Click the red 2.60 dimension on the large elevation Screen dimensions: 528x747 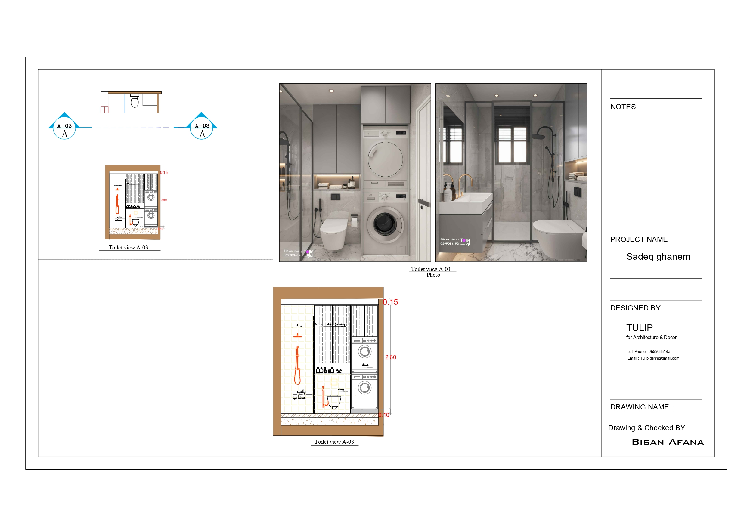[x=390, y=357]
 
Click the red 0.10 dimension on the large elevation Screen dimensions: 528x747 [x=384, y=415]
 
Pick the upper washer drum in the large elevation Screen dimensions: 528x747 [x=365, y=351]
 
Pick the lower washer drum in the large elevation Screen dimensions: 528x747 [x=365, y=388]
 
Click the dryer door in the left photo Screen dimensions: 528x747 [x=385, y=159]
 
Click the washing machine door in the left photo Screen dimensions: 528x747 [x=385, y=224]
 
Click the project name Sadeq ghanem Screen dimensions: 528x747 [x=658, y=257]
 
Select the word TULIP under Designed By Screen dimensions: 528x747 [x=639, y=328]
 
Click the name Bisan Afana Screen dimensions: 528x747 [x=668, y=442]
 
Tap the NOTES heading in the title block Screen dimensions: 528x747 [x=625, y=107]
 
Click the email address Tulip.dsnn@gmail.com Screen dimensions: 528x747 [x=659, y=358]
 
